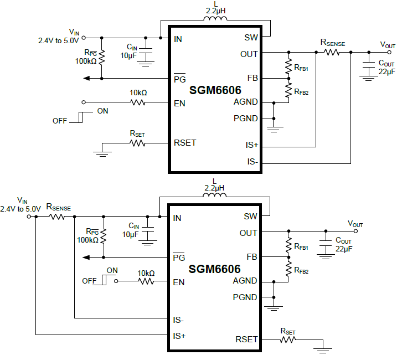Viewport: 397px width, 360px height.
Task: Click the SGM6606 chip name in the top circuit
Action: [215, 90]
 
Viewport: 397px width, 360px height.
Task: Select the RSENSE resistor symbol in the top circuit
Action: [332, 52]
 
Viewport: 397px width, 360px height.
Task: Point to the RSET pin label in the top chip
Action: [185, 142]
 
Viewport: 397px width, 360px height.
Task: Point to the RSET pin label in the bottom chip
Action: [247, 339]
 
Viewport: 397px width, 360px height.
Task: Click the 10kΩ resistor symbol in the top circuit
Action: [138, 102]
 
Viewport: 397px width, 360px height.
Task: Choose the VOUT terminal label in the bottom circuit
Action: [355, 224]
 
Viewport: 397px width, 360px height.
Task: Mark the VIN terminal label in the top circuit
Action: [74, 32]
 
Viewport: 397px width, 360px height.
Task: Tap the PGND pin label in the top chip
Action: [246, 118]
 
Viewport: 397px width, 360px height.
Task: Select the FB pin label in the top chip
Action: [252, 78]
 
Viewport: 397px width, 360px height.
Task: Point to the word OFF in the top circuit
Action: [60, 120]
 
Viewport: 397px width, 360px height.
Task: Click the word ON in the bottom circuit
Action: [112, 270]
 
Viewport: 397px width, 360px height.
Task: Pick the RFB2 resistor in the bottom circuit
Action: [288, 269]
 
